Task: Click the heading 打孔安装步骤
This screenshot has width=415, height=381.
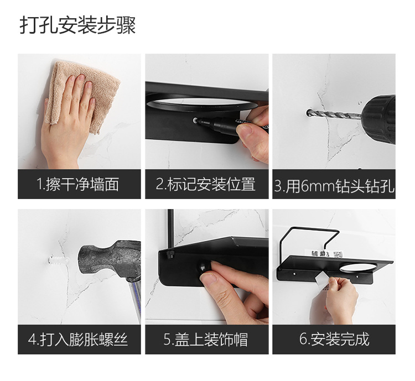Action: pyautogui.click(x=78, y=25)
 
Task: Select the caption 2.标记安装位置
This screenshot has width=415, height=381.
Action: pyautogui.click(x=206, y=184)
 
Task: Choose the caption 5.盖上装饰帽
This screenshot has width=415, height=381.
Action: pyautogui.click(x=206, y=339)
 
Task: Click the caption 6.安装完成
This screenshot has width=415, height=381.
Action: pyautogui.click(x=334, y=339)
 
